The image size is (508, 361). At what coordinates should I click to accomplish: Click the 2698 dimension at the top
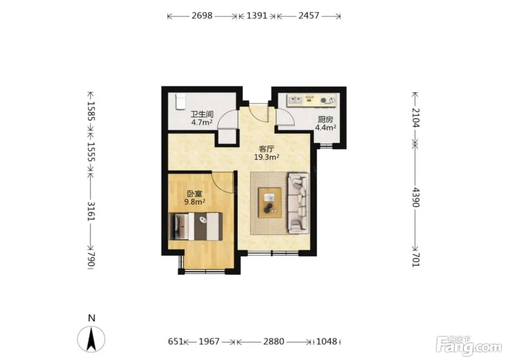tap(202, 16)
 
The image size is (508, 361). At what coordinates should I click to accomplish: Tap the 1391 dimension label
tap(257, 16)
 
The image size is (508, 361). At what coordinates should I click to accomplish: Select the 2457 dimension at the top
tap(309, 16)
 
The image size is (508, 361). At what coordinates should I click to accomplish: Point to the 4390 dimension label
tap(416, 197)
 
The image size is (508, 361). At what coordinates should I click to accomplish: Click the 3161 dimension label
tap(91, 211)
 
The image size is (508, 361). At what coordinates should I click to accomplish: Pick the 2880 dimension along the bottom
tap(274, 341)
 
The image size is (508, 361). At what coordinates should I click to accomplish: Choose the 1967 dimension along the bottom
tap(209, 341)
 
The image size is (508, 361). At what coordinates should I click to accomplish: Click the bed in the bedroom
tap(196, 226)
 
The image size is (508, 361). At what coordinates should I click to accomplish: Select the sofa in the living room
tap(298, 203)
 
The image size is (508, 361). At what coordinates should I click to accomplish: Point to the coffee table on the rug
tap(270, 203)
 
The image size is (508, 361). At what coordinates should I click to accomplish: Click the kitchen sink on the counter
tap(295, 100)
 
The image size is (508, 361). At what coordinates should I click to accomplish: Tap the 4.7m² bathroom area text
tap(202, 123)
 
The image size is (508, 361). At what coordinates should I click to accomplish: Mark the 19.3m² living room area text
tap(266, 157)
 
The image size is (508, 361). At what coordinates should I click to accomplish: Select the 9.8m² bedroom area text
tap(194, 202)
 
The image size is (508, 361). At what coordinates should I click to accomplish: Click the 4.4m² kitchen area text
tap(325, 128)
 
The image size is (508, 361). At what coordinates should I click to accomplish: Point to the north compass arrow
tap(91, 339)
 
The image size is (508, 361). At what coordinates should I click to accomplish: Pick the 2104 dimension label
tap(416, 118)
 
